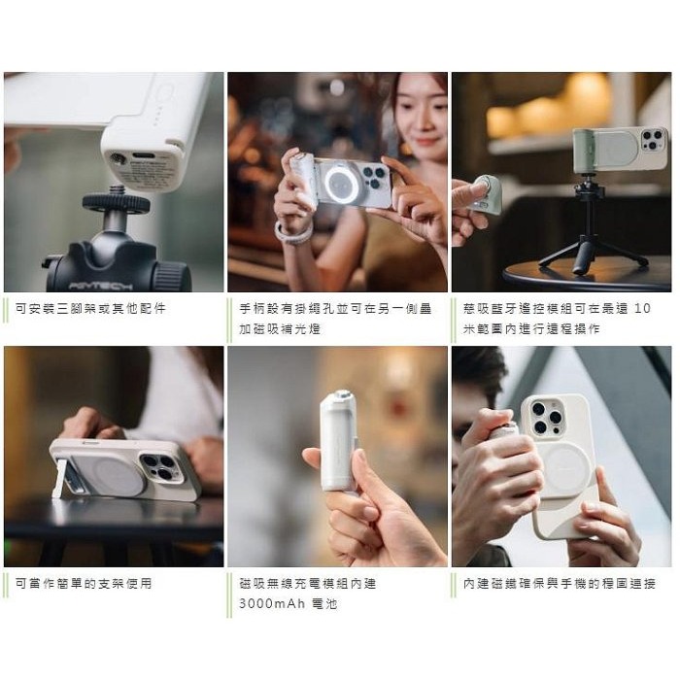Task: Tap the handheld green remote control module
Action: (489, 194)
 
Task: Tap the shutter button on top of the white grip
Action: (342, 396)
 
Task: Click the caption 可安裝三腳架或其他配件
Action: (90, 308)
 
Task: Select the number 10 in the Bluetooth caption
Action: (642, 308)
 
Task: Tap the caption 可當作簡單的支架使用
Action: (84, 583)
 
